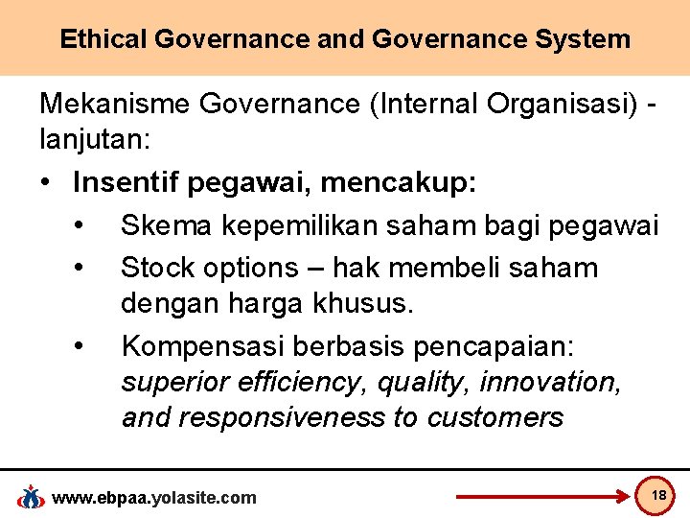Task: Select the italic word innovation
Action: click(551, 382)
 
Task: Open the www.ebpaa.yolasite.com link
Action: click(153, 497)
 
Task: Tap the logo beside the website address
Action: click(32, 497)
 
